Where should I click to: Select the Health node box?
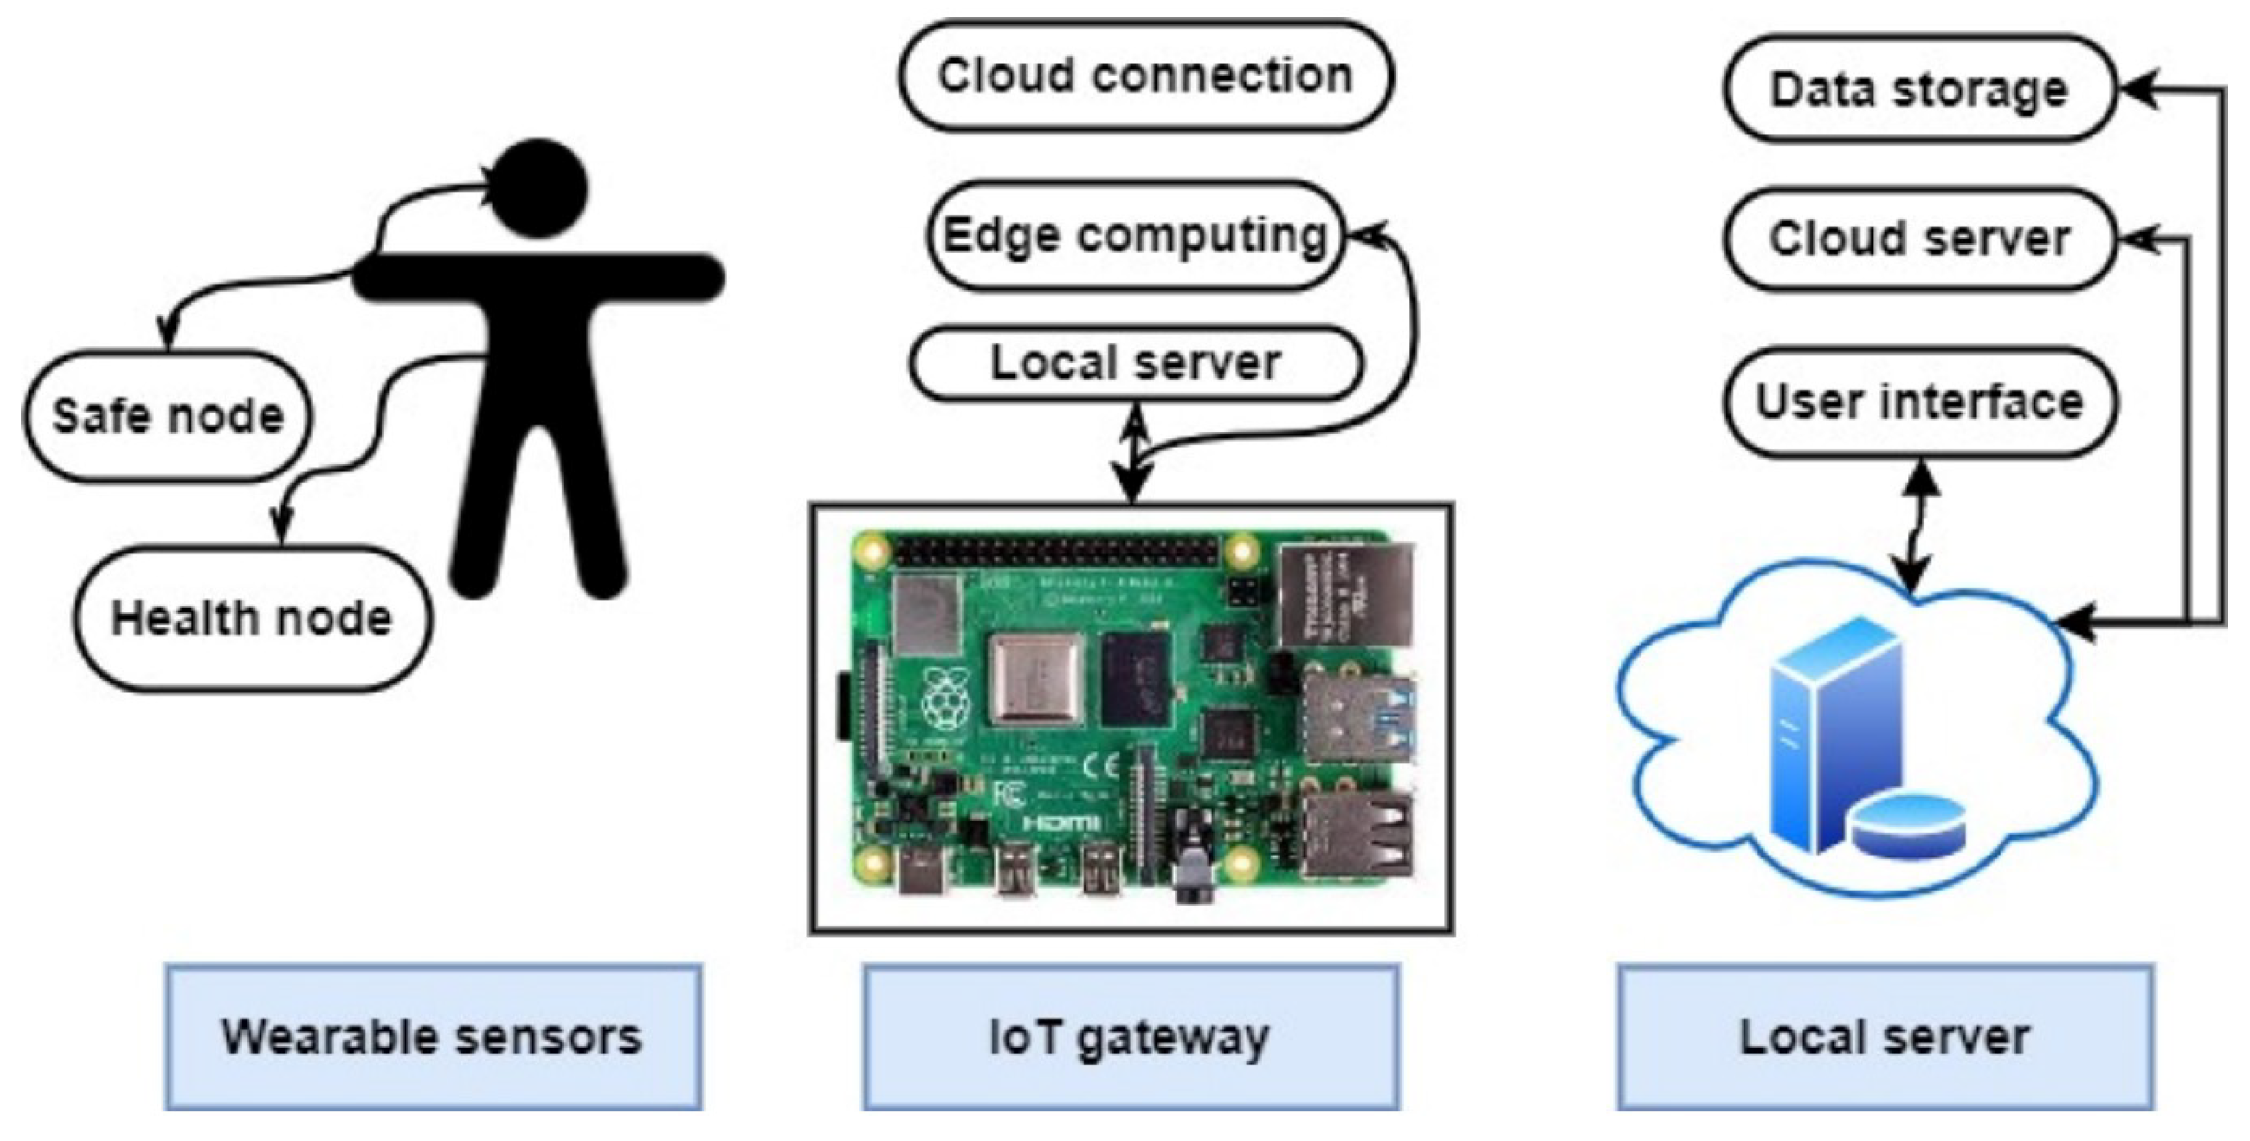pos(251,618)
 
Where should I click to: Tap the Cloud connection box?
pos(1145,76)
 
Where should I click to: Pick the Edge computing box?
pos(1134,236)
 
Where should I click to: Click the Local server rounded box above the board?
pos(1135,363)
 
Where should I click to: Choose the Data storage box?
pos(1919,89)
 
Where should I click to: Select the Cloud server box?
pos(1919,239)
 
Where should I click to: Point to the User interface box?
pos(1919,402)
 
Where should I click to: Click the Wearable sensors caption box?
pos(433,1037)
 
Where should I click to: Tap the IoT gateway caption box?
pos(1131,1037)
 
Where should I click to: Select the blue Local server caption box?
pos(1885,1037)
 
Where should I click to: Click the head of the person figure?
pos(539,187)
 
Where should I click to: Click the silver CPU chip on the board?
pos(1036,680)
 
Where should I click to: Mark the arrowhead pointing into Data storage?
pos(2138,89)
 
